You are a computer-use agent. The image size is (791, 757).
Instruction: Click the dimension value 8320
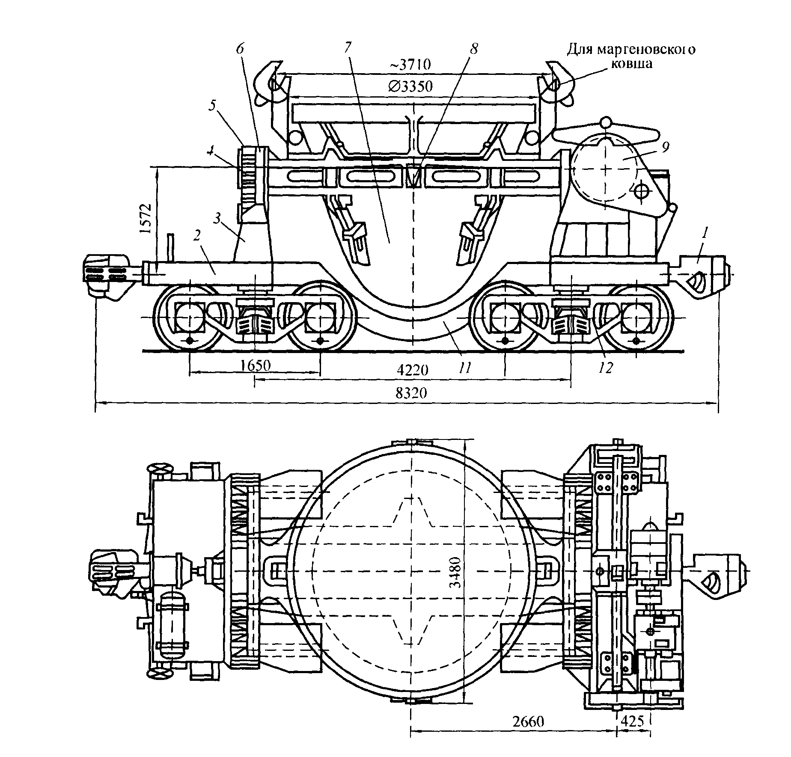click(x=411, y=393)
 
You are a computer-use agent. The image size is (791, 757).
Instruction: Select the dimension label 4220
click(x=412, y=370)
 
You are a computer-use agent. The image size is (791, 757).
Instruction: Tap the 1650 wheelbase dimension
click(x=256, y=365)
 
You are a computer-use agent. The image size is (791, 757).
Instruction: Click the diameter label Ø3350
click(x=410, y=86)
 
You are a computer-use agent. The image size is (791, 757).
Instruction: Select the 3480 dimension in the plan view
click(x=457, y=572)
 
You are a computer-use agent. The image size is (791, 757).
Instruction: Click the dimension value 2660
click(x=528, y=721)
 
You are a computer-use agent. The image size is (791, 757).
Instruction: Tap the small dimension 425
click(x=632, y=721)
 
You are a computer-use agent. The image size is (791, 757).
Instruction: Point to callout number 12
click(x=607, y=367)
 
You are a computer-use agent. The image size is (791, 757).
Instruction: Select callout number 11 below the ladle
click(x=465, y=367)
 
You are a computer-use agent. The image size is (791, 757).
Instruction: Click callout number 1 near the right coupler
click(x=705, y=233)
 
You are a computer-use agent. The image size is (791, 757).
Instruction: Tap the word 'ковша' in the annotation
click(x=632, y=64)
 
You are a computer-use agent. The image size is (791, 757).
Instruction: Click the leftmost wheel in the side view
click(x=188, y=317)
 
